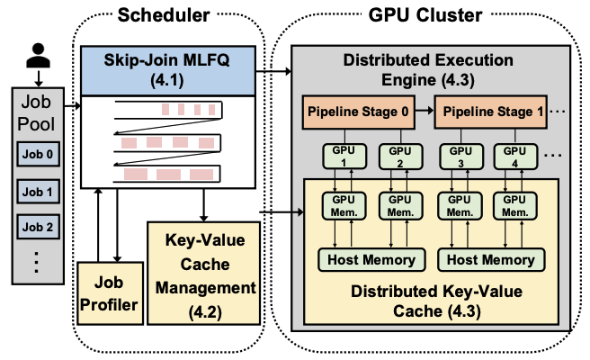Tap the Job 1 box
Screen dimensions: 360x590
(37, 192)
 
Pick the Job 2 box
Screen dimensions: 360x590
(37, 226)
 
